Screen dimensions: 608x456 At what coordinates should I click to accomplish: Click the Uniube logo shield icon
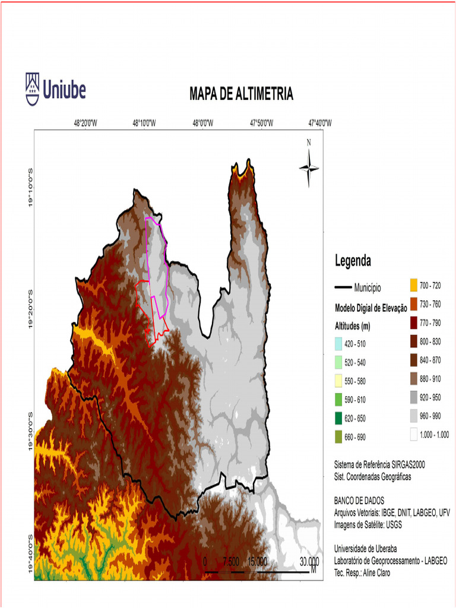[x=33, y=88]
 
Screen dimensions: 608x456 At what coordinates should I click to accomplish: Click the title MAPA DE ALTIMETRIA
[x=241, y=94]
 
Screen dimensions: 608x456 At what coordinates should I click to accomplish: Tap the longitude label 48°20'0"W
[x=85, y=123]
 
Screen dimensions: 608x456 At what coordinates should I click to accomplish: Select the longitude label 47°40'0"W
[x=320, y=123]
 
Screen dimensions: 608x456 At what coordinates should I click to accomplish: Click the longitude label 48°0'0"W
[x=202, y=123]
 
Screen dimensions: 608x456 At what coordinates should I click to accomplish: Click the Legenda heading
[x=353, y=260]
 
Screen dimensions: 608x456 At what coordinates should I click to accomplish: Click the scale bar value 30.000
[x=309, y=561]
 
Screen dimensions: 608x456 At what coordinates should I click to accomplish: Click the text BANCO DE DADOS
[x=359, y=501]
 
